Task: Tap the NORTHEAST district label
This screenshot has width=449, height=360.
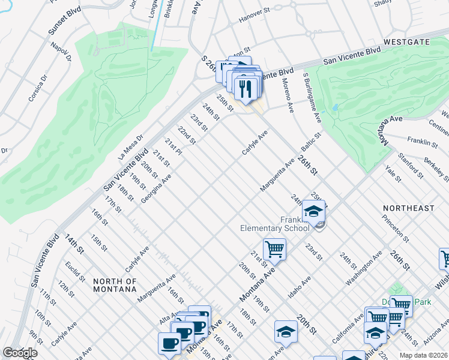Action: pos(409,208)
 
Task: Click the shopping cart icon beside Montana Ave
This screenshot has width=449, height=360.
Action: pos(274,248)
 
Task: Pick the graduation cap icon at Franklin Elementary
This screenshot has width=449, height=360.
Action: pos(313,211)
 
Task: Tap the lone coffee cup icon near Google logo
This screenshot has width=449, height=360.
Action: pos(169,343)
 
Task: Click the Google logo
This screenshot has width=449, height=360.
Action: pos(20,353)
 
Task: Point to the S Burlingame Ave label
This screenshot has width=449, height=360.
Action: pos(313,99)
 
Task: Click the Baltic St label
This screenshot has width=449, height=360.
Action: pos(312,144)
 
